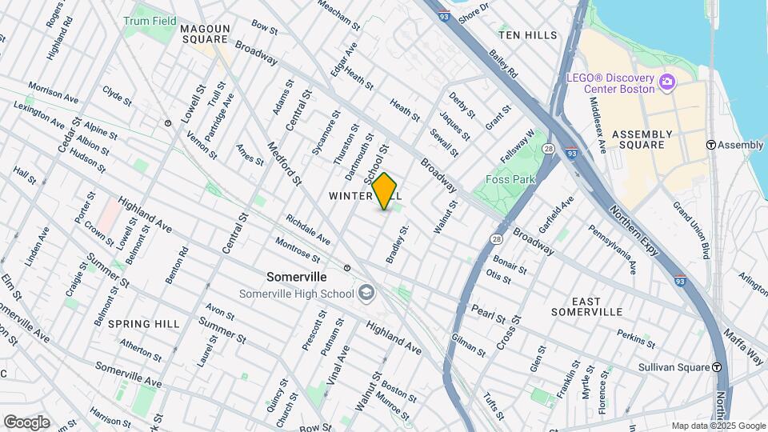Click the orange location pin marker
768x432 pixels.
coord(385,191)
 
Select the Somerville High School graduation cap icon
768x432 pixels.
coord(367,294)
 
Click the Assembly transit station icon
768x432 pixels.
coord(710,145)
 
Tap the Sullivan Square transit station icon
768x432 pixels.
coord(718,366)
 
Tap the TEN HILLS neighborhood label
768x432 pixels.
coord(527,36)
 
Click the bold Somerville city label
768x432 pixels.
coord(296,276)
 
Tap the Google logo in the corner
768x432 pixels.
coord(26,422)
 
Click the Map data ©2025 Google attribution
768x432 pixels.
coord(718,426)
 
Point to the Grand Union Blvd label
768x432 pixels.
coord(691,230)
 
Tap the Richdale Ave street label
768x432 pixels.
coord(308,228)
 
